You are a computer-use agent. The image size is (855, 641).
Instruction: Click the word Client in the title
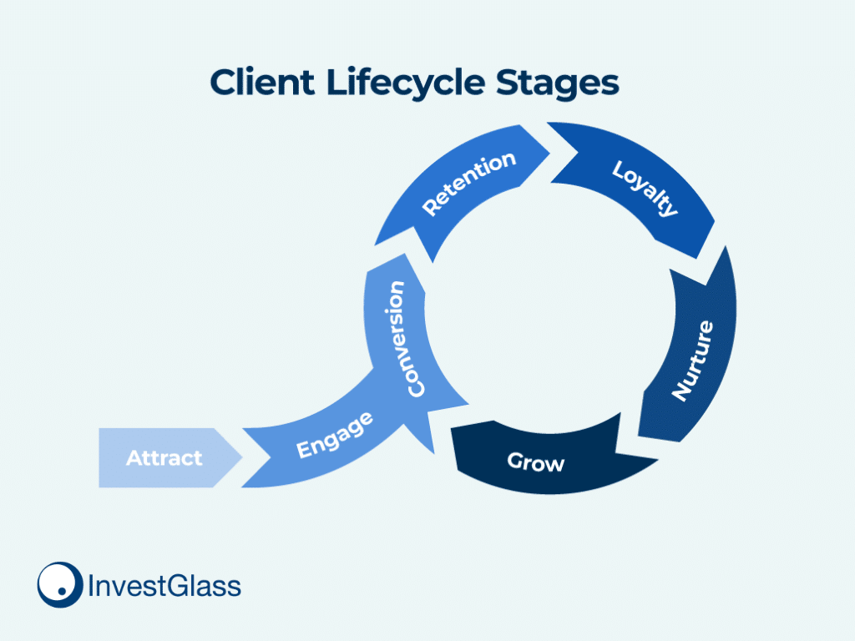coord(262,83)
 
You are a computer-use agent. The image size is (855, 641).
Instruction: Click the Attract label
coord(164,458)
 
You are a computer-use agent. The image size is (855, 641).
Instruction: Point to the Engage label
coord(335,435)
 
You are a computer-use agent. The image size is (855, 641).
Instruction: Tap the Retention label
coord(469,183)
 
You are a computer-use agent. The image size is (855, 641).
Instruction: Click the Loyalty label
coord(645,189)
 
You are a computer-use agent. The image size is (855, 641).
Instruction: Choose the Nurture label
coord(692,361)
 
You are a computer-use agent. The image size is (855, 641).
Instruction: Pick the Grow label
coord(535,462)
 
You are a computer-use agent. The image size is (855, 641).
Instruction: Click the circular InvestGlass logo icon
coord(60,585)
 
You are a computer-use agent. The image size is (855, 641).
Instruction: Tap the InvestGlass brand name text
coord(164,586)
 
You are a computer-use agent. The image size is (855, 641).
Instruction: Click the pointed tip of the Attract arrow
coord(242,457)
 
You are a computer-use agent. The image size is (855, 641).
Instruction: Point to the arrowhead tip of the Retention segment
coord(549,154)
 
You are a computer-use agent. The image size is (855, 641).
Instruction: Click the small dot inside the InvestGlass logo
coord(62,591)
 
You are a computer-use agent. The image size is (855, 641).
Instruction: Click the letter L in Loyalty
coord(619,169)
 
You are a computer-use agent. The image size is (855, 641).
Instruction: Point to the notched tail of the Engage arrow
coord(271,458)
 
